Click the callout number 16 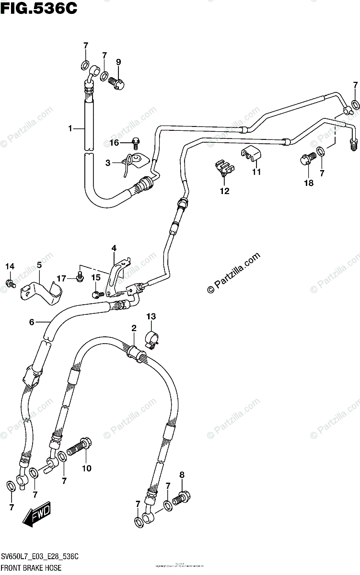coord(114,142)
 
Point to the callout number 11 coord(256,172)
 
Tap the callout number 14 coord(10,266)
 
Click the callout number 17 coord(61,278)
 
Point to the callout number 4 coord(114,248)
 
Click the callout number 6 coord(32,322)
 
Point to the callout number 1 coord(70,128)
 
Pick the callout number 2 coord(134,328)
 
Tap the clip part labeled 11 coord(250,154)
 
